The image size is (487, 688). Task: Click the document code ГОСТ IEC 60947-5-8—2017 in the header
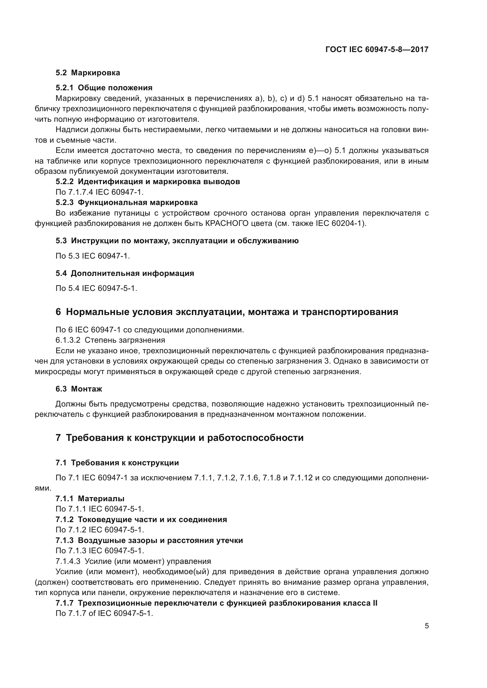click(377, 49)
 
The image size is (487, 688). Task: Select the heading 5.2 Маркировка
click(88, 73)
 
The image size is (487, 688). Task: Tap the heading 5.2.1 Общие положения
click(104, 88)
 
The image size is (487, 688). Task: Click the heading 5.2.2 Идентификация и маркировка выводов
click(148, 181)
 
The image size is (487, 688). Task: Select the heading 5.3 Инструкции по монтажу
click(177, 241)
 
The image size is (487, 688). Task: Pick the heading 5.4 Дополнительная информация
click(125, 273)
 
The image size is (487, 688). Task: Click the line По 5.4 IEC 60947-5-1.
click(96, 288)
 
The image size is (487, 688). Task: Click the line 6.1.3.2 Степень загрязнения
click(110, 340)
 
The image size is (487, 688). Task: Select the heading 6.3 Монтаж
click(79, 389)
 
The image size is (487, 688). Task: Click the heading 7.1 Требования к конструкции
click(117, 463)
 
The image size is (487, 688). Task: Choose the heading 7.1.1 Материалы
click(90, 499)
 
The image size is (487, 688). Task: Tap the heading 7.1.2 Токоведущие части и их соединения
click(141, 519)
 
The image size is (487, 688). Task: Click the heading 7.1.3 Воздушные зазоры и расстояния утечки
click(149, 540)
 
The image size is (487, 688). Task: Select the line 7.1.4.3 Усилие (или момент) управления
click(133, 561)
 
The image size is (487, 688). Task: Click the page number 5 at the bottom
click(426, 626)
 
